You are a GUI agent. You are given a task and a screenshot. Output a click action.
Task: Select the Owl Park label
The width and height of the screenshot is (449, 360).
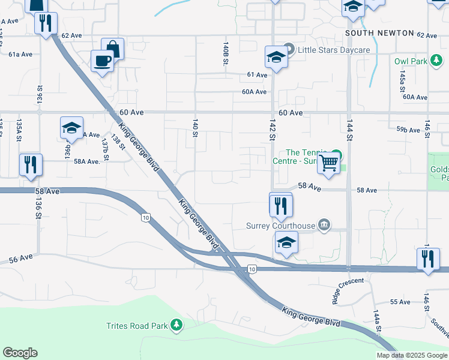click(x=411, y=61)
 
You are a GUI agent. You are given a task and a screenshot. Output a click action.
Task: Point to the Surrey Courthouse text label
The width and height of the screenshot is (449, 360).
click(x=280, y=226)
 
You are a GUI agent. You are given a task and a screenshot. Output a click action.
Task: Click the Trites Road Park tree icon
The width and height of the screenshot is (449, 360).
click(x=176, y=325)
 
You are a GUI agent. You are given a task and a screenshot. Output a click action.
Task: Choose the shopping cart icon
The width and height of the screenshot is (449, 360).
click(x=329, y=163)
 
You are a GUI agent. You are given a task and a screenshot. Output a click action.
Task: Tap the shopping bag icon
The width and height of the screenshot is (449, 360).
click(x=112, y=48)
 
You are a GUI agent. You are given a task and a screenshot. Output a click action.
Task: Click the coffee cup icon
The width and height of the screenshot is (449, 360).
click(x=102, y=60)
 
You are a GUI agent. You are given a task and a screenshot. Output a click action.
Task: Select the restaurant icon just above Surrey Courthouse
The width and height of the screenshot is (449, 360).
click(x=280, y=205)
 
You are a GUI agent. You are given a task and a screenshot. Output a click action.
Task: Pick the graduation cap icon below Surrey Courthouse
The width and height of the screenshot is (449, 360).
click(x=286, y=242)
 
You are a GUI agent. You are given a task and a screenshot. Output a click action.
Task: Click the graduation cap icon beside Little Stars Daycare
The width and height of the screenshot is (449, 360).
click(x=276, y=57)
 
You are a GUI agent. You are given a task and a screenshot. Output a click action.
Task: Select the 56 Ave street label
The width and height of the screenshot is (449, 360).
click(x=20, y=259)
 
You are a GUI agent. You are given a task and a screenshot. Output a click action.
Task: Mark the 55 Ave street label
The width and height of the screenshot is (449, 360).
click(x=400, y=301)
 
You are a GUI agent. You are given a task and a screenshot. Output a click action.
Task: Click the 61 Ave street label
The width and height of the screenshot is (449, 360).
click(x=257, y=75)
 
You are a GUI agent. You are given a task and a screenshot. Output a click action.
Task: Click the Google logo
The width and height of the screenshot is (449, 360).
click(x=20, y=353)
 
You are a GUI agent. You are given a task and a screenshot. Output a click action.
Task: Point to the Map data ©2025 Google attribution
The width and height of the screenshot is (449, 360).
click(x=411, y=355)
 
